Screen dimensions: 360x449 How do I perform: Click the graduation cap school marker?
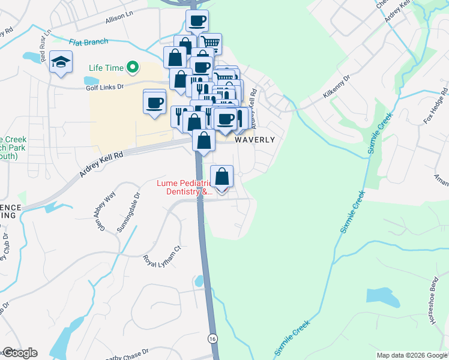tap(61, 63)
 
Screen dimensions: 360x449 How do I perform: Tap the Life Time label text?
tap(106, 68)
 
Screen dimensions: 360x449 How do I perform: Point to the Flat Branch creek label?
tap(88, 42)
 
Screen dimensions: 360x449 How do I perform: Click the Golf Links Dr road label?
tap(104, 87)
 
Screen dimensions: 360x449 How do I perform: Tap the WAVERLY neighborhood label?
tap(255, 139)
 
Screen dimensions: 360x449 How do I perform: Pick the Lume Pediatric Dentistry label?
tap(185, 187)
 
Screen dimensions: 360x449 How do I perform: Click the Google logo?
tap(19, 353)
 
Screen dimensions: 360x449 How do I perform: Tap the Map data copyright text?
tap(411, 355)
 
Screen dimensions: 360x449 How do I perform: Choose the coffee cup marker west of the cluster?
tap(155, 101)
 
